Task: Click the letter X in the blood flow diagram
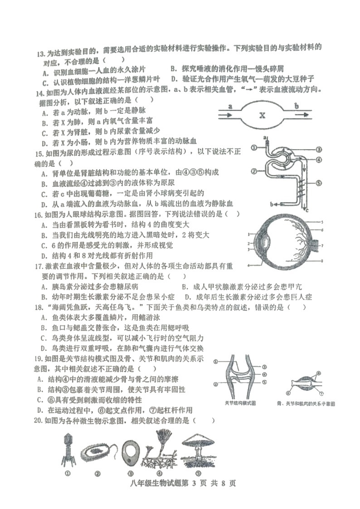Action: coord(262,116)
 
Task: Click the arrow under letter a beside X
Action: coord(224,116)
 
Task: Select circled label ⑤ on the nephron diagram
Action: coord(319,184)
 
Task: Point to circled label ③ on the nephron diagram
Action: coord(319,149)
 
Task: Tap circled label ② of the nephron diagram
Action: coord(254,171)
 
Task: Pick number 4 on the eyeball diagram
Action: coord(249,264)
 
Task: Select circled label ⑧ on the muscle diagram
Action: coord(319,373)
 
